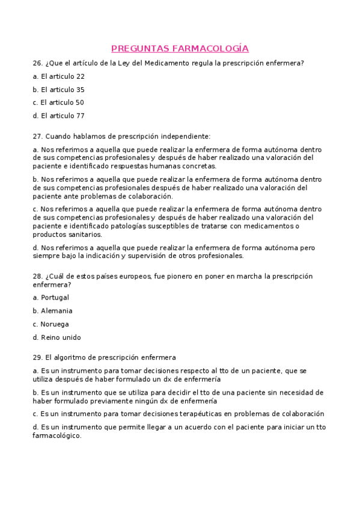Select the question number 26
(x=37, y=63)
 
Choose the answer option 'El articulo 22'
(x=63, y=76)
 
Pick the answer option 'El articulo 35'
(x=63, y=90)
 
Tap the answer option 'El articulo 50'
(x=63, y=102)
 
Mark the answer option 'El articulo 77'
(x=63, y=115)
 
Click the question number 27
(x=37, y=137)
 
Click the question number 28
(x=37, y=276)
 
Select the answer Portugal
(x=55, y=297)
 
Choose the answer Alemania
(x=56, y=311)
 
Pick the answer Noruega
(x=55, y=324)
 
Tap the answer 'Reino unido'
(x=61, y=337)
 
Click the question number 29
(x=37, y=357)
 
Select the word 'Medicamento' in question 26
(x=168, y=63)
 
